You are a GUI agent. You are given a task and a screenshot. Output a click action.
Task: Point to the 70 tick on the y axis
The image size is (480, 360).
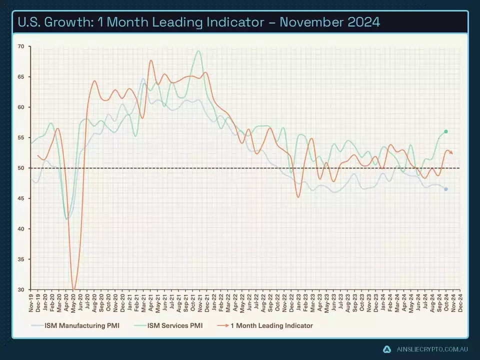click(x=21, y=46)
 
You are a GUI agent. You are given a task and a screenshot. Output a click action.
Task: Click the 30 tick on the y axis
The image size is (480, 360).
click(x=21, y=290)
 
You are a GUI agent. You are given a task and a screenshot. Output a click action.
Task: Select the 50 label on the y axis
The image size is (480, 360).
click(x=21, y=168)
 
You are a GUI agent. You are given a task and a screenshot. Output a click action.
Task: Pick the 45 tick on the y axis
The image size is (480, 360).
click(x=21, y=198)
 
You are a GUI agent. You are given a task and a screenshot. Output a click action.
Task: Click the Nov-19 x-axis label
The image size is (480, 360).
click(x=31, y=302)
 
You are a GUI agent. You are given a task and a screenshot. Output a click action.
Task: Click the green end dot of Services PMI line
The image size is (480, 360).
click(x=446, y=131)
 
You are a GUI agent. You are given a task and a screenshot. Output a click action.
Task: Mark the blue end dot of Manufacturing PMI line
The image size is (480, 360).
click(x=446, y=189)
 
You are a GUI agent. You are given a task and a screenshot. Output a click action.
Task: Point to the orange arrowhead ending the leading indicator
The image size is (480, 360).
click(x=452, y=153)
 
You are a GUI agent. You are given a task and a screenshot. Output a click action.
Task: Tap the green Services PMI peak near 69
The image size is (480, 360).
click(x=198, y=51)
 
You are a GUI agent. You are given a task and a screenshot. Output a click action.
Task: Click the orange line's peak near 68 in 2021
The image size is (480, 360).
click(x=151, y=60)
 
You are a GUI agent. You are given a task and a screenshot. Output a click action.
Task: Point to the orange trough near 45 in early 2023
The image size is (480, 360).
click(x=298, y=197)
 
